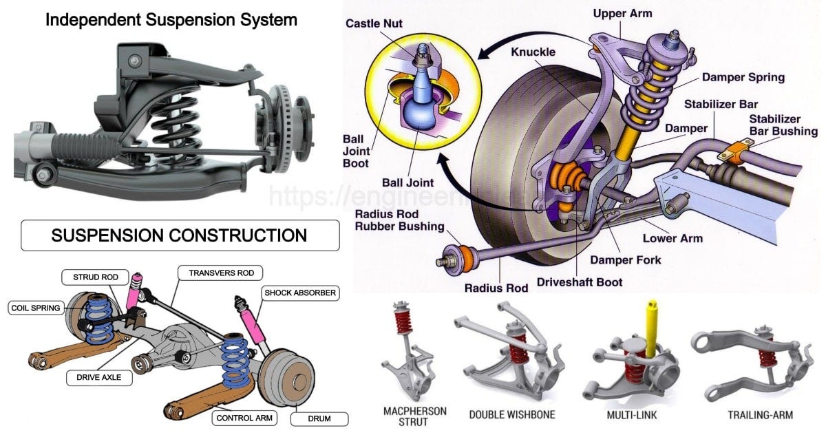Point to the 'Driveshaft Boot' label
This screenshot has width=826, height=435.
coord(580,282)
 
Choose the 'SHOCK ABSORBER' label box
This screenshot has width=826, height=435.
coord(299,293)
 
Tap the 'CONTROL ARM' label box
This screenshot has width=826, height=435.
coord(246,418)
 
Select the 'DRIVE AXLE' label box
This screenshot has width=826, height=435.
coord(99,377)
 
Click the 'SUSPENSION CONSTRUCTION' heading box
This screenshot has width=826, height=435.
coord(179,235)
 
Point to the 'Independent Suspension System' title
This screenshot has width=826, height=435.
coord(171,20)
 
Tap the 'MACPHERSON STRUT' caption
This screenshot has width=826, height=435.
coord(414,416)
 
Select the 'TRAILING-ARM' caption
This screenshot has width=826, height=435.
coord(760,415)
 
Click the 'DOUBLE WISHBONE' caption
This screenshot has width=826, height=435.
coord(511,415)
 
